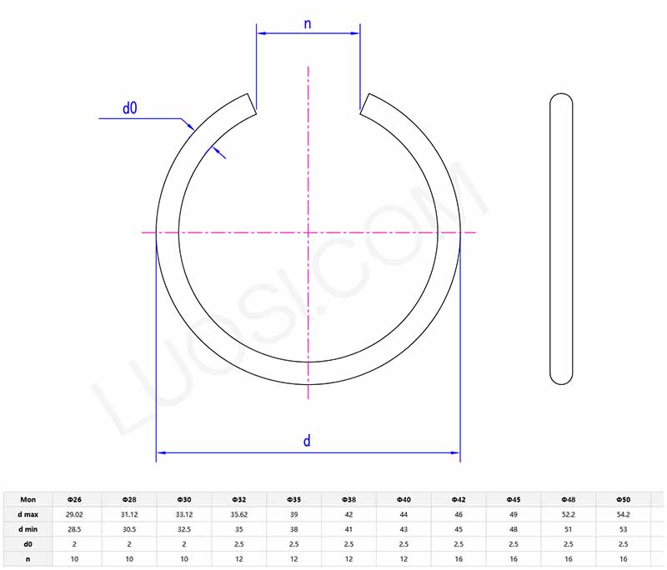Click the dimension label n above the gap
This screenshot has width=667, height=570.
(x=307, y=23)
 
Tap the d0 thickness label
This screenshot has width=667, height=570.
(x=129, y=107)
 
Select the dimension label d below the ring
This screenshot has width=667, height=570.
(x=307, y=441)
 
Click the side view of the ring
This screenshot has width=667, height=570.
(x=562, y=239)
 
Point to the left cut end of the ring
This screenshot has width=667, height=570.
(x=250, y=102)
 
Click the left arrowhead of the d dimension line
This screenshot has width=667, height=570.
(x=161, y=453)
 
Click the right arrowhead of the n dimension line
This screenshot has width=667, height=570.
(x=355, y=33)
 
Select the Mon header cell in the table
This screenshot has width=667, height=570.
(x=28, y=499)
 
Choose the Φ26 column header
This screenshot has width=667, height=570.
(x=74, y=499)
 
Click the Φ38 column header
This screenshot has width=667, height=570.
(x=349, y=499)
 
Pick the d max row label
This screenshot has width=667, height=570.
(x=28, y=514)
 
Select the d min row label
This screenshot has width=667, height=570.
(x=28, y=529)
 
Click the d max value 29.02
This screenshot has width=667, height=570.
(x=74, y=514)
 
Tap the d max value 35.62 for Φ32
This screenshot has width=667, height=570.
(x=239, y=514)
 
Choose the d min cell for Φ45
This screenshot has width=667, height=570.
(x=514, y=529)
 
